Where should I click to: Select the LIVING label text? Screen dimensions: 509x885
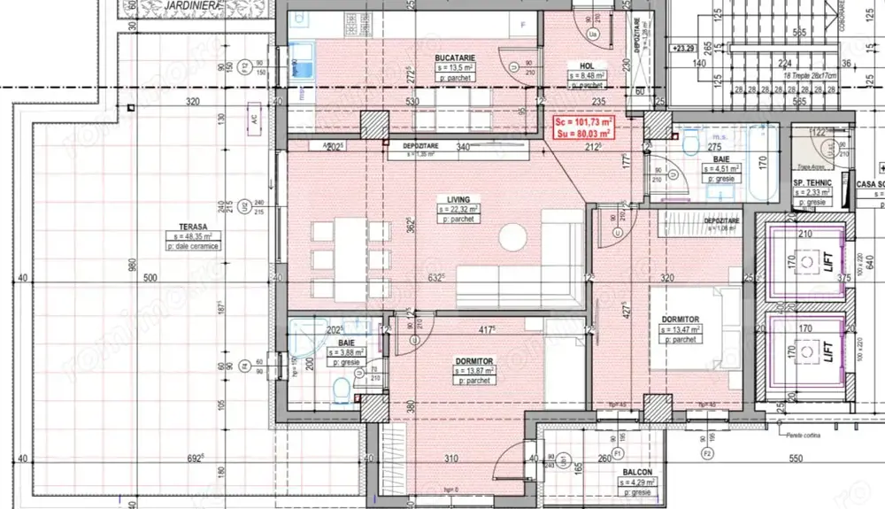click(x=458, y=200)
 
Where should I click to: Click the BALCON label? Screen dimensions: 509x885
click(x=636, y=473)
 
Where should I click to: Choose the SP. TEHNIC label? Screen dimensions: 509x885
click(x=810, y=182)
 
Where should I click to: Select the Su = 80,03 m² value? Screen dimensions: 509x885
click(x=581, y=134)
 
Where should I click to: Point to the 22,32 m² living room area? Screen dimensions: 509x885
click(x=461, y=210)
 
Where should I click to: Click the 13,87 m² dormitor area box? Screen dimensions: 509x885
click(x=475, y=372)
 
